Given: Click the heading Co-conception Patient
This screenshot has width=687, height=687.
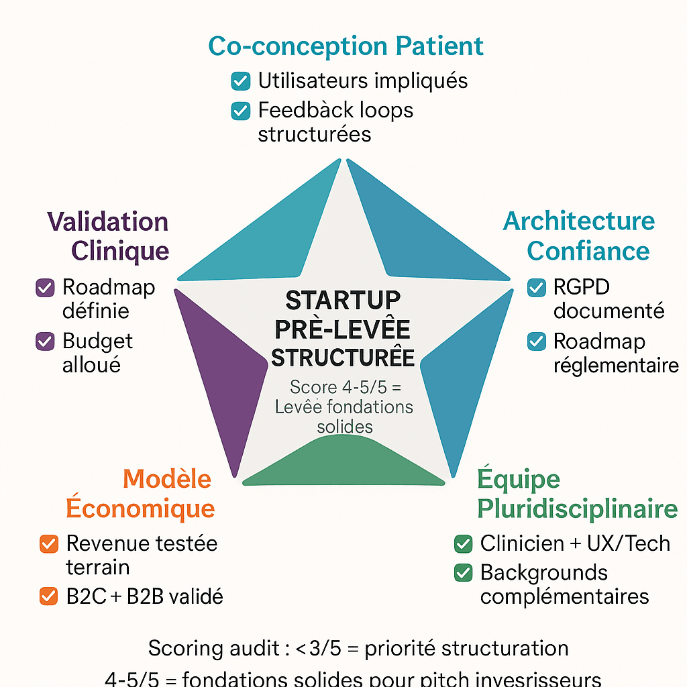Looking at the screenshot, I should tap(346, 46).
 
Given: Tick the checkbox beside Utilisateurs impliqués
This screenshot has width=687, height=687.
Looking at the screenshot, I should tap(240, 81).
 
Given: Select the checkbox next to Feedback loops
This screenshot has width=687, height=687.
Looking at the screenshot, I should tap(240, 111).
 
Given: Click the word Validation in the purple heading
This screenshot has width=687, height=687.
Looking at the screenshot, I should tap(107, 221).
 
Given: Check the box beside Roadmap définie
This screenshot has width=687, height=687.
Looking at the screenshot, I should tap(44, 288).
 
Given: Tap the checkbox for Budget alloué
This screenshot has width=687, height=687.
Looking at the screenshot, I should tap(44, 341).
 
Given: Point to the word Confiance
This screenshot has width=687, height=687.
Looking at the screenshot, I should tap(588, 251).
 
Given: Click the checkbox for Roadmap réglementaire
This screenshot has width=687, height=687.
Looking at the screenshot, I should tap(537, 341).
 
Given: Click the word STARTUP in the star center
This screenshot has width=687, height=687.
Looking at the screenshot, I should tap(343, 300).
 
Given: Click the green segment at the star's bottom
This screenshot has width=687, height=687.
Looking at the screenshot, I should tap(343, 462).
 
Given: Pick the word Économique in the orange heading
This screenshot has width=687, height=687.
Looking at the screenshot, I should tap(140, 508).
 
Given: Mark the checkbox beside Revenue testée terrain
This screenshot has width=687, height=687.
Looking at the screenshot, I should tap(49, 543).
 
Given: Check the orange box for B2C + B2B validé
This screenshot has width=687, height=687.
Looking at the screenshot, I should tap(49, 596).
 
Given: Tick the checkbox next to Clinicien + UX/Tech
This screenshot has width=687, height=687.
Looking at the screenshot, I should tap(463, 543).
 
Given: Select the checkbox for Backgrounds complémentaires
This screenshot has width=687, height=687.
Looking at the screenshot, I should tap(463, 573).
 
